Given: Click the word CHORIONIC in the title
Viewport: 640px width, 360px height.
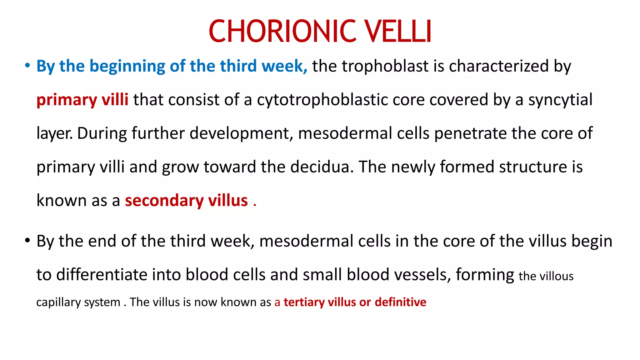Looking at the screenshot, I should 282,31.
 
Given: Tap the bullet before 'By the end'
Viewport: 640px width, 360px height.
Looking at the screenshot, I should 27,241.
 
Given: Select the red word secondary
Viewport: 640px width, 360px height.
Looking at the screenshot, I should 164,201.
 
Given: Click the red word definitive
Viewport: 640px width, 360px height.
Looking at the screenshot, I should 400,302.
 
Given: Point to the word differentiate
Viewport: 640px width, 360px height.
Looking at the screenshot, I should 102,275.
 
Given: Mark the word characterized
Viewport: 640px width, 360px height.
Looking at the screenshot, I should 498,66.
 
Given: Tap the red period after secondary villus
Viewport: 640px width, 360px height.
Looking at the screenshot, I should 255,205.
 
